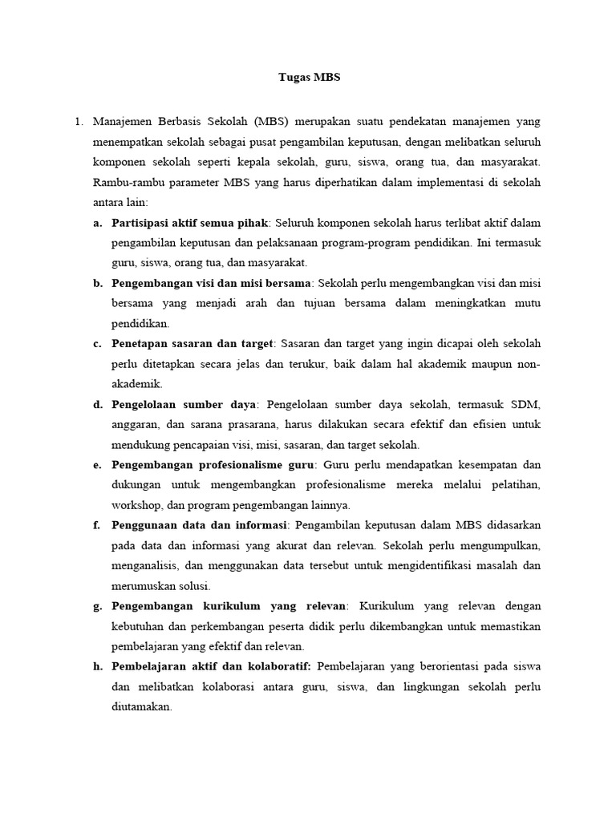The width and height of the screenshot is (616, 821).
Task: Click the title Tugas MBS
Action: [x=308, y=78]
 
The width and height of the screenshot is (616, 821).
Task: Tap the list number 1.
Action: [x=78, y=122]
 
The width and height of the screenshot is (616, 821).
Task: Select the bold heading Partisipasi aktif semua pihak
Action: [x=190, y=222]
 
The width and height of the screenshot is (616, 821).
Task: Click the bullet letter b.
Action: [x=97, y=283]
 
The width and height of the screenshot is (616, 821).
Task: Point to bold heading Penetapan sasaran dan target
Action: [x=192, y=344]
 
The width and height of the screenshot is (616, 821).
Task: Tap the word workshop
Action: [x=138, y=506]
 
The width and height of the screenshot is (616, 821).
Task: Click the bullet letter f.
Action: [x=96, y=526]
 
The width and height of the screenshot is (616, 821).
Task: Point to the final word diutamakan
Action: [x=142, y=708]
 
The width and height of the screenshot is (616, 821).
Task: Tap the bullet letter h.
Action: [x=97, y=668]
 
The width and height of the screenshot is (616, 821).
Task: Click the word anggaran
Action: [x=136, y=425]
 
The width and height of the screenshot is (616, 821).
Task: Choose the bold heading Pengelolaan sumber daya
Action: [x=184, y=405]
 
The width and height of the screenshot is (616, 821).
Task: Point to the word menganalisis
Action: [x=148, y=566]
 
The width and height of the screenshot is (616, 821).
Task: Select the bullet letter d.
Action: [x=97, y=405]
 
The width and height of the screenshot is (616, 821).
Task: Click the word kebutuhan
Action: [x=140, y=627]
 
